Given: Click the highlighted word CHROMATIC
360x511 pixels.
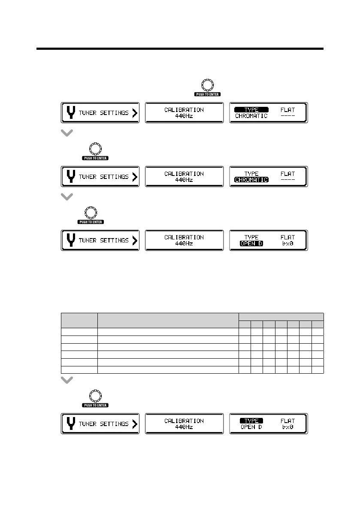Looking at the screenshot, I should (x=251, y=180).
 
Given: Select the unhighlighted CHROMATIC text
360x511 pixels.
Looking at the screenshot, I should (x=251, y=116).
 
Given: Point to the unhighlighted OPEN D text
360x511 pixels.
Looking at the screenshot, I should (x=251, y=427).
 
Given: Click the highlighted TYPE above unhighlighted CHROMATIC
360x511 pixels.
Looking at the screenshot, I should (x=251, y=110).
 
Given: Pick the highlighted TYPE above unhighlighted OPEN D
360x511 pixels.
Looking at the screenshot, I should (x=251, y=421).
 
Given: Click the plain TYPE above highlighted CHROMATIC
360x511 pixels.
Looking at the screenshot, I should (x=251, y=174).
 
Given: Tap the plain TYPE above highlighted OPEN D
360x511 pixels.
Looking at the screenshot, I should (x=251, y=237).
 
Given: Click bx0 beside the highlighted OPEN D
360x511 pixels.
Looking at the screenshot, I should (x=287, y=244).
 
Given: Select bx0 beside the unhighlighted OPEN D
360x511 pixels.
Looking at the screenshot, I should (x=287, y=427).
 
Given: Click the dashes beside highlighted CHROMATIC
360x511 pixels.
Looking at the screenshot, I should (x=287, y=180).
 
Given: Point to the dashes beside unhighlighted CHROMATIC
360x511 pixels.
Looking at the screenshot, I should (x=287, y=116).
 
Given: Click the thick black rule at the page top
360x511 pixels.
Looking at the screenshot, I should (x=180, y=49).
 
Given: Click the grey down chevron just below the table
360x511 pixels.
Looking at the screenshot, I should (x=67, y=380).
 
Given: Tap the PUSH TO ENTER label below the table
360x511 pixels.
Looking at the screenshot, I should (x=96, y=405).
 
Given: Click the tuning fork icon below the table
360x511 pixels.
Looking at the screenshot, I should (x=71, y=423).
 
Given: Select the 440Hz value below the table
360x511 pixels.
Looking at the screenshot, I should (x=184, y=427).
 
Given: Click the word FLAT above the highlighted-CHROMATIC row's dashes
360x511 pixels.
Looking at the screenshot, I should (x=287, y=174).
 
